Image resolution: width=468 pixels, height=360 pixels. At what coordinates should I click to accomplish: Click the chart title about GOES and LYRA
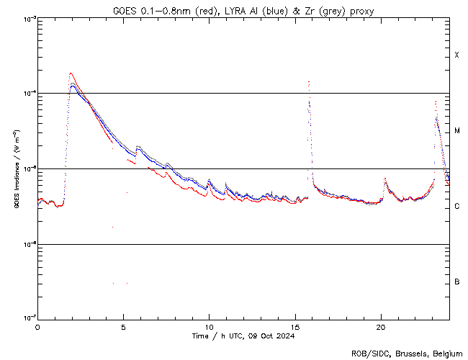[242, 10]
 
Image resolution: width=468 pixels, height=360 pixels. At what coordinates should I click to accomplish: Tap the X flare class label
[456, 55]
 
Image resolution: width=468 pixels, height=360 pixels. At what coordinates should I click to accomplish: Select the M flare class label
[456, 131]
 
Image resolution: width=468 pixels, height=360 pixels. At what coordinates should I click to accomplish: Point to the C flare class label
[456, 207]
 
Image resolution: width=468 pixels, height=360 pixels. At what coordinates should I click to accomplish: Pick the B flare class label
[456, 282]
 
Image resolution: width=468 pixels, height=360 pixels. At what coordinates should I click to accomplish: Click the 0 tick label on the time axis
[37, 326]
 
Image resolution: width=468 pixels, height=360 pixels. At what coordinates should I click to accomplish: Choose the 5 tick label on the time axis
[123, 326]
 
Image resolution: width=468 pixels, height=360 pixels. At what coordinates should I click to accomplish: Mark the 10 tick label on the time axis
[209, 326]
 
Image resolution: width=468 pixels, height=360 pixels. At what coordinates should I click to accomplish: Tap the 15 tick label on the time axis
[294, 326]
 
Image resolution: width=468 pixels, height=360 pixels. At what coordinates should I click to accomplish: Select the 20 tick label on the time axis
[380, 326]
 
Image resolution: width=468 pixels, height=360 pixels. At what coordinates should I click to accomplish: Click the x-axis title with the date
[243, 336]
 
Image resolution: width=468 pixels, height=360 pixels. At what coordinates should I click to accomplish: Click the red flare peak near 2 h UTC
[70, 73]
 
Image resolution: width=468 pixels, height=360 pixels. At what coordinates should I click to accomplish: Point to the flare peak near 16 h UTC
[309, 82]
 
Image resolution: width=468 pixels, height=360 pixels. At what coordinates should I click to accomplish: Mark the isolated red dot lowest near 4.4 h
[113, 283]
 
